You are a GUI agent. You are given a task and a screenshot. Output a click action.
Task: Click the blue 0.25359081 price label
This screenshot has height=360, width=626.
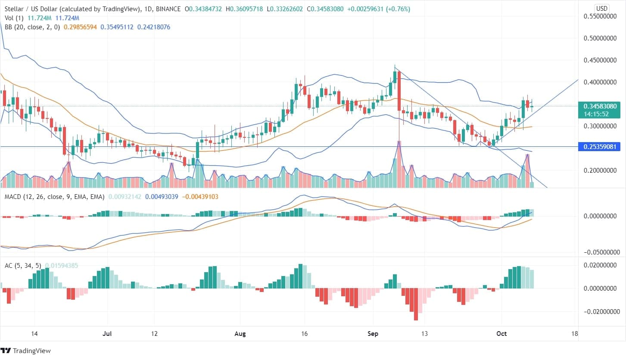pos(601,147)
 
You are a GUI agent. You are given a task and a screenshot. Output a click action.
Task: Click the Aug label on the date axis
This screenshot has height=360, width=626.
pos(239,334)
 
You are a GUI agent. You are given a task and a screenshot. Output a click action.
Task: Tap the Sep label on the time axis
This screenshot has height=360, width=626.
pos(372,334)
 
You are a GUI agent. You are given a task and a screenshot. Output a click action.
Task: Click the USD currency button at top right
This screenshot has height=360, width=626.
pos(601,8)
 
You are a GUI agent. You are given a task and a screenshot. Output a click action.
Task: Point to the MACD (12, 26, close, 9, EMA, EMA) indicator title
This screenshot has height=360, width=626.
pos(54,197)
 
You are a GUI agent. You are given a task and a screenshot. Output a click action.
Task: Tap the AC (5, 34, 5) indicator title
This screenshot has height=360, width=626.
pos(22,266)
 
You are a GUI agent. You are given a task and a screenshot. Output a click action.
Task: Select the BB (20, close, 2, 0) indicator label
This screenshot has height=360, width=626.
pos(31,27)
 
